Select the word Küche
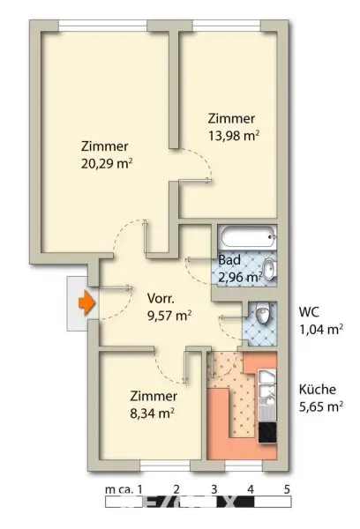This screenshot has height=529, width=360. [317, 388]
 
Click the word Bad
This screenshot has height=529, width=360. [229, 261]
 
